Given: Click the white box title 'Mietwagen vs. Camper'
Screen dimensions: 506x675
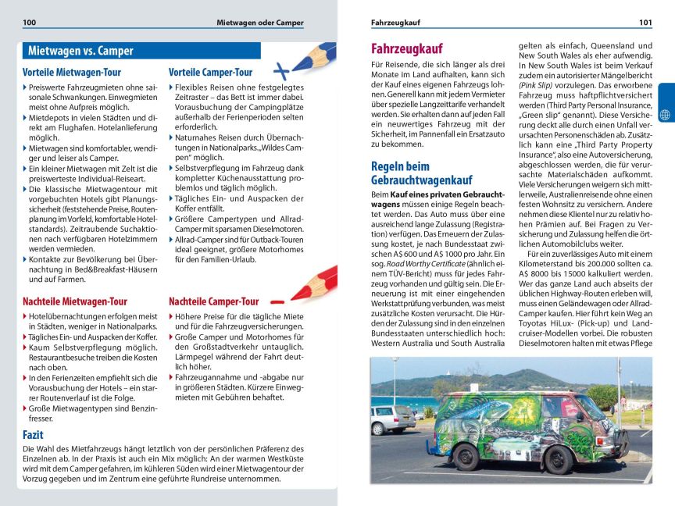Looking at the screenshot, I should coord(80,52).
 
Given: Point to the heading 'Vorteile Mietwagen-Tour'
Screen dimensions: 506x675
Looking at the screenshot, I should coord(72,73).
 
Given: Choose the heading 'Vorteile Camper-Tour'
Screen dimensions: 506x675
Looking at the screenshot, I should coord(210,73).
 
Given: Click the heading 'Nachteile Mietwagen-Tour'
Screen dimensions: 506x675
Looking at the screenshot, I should coord(75,301).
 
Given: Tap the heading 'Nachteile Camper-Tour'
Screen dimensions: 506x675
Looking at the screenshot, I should coord(213,301).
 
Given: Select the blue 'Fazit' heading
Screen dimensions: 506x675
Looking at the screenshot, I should coord(34,434).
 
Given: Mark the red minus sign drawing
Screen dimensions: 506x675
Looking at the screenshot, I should coord(277,301).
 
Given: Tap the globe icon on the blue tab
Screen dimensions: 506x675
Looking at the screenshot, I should coord(665,115).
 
